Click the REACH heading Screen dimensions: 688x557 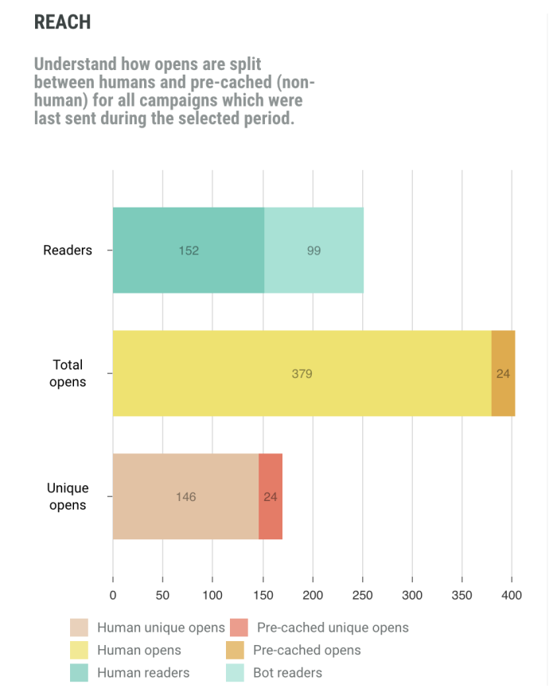click(x=62, y=22)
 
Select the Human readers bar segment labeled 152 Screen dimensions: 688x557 click(x=189, y=250)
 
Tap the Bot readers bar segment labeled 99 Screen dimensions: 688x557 click(x=314, y=250)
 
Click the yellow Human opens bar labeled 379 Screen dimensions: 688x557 click(x=302, y=373)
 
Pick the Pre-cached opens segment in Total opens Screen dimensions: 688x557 click(x=503, y=373)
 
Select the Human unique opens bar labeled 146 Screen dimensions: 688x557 click(x=185, y=496)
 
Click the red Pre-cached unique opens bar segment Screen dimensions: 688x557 click(x=271, y=496)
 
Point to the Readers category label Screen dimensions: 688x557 click(x=68, y=250)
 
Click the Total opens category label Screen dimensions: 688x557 click(x=68, y=373)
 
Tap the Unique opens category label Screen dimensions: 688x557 click(x=68, y=496)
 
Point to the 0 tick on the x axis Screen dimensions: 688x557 click(x=113, y=594)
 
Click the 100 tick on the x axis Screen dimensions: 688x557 click(x=212, y=594)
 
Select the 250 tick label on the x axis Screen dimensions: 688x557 click(x=362, y=594)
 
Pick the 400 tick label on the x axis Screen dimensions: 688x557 click(x=512, y=594)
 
